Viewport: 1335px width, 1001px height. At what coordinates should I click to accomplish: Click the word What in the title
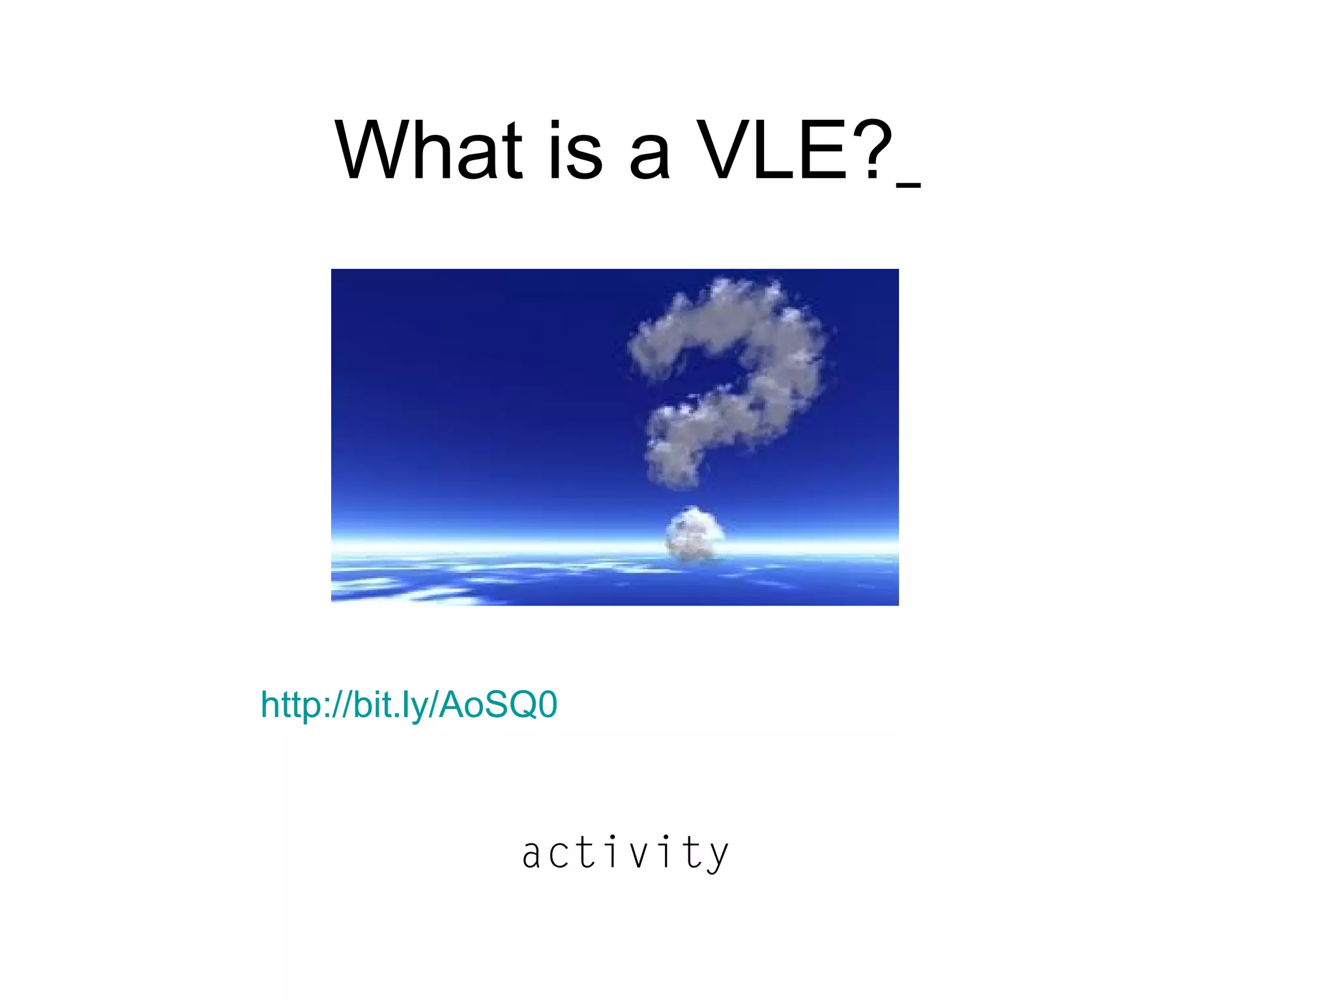(428, 151)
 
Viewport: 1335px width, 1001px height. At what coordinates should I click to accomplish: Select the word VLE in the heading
(772, 151)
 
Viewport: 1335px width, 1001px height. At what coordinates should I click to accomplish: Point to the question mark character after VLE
(871, 151)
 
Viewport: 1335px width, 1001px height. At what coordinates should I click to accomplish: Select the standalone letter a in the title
(649, 156)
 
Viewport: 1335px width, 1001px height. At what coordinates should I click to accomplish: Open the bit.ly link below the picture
(409, 705)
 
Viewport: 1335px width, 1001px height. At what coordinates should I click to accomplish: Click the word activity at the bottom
(625, 853)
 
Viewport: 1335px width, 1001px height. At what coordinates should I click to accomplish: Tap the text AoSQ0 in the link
(499, 705)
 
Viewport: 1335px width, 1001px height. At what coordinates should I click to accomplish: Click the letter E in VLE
(819, 151)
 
